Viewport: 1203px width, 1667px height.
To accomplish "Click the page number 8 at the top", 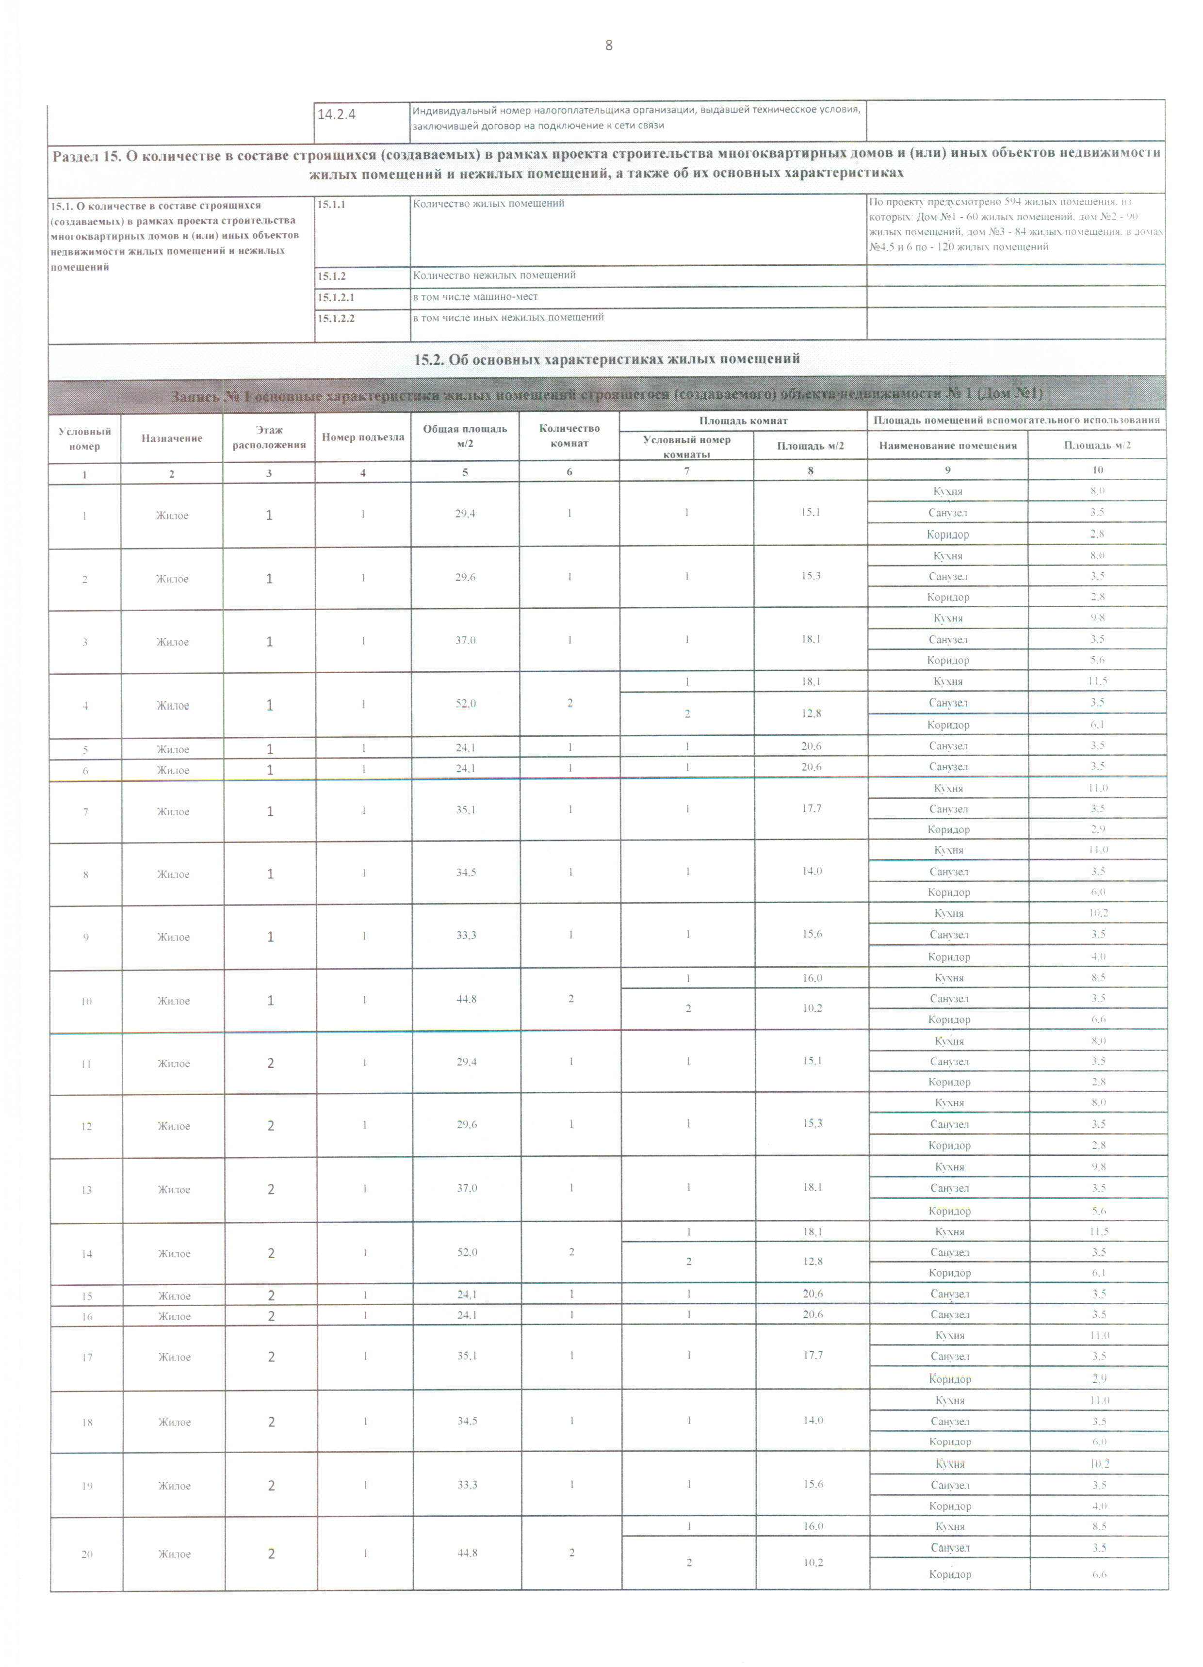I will pos(608,46).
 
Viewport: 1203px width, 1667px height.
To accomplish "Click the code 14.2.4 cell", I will pos(336,114).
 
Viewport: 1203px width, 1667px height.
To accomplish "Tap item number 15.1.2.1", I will pos(336,297).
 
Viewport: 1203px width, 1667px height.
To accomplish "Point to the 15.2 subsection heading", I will pos(607,359).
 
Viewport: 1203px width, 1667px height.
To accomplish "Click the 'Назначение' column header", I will pos(172,438).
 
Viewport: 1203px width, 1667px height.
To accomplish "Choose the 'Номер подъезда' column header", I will pos(362,437).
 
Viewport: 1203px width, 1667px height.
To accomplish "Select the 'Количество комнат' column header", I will pos(569,435).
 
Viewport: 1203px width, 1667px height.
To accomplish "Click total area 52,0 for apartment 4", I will pos(466,703).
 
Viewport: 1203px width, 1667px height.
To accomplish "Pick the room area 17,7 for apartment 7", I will pos(812,809).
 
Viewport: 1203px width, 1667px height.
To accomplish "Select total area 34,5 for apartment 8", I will pos(466,873).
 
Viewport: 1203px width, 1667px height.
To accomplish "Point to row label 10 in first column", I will pos(86,1001).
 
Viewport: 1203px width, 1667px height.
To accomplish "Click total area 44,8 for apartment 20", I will pos(468,1553).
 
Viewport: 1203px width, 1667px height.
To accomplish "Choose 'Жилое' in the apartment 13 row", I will pos(174,1190).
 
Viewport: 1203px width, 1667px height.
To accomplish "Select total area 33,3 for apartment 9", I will pos(466,936).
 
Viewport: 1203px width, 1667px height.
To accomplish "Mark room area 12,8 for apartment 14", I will pos(813,1261).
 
